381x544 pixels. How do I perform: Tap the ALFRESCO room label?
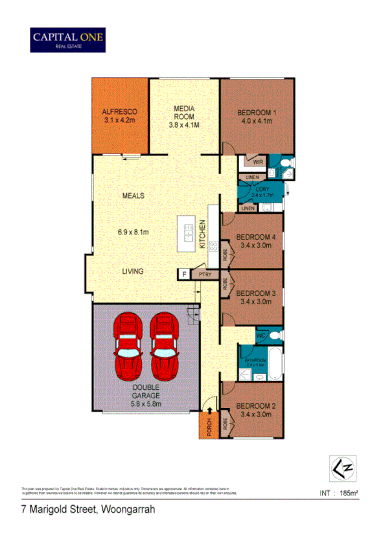(x=120, y=111)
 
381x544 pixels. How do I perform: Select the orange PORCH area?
(x=207, y=426)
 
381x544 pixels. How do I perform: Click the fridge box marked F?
(x=184, y=274)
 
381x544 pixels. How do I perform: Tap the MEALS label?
(x=133, y=195)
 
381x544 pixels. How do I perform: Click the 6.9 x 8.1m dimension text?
(x=133, y=232)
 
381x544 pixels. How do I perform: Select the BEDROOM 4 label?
(x=256, y=237)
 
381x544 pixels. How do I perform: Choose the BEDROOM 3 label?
(x=256, y=293)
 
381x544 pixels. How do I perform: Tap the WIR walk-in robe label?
(x=257, y=162)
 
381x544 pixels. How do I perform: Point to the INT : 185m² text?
(x=339, y=493)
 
